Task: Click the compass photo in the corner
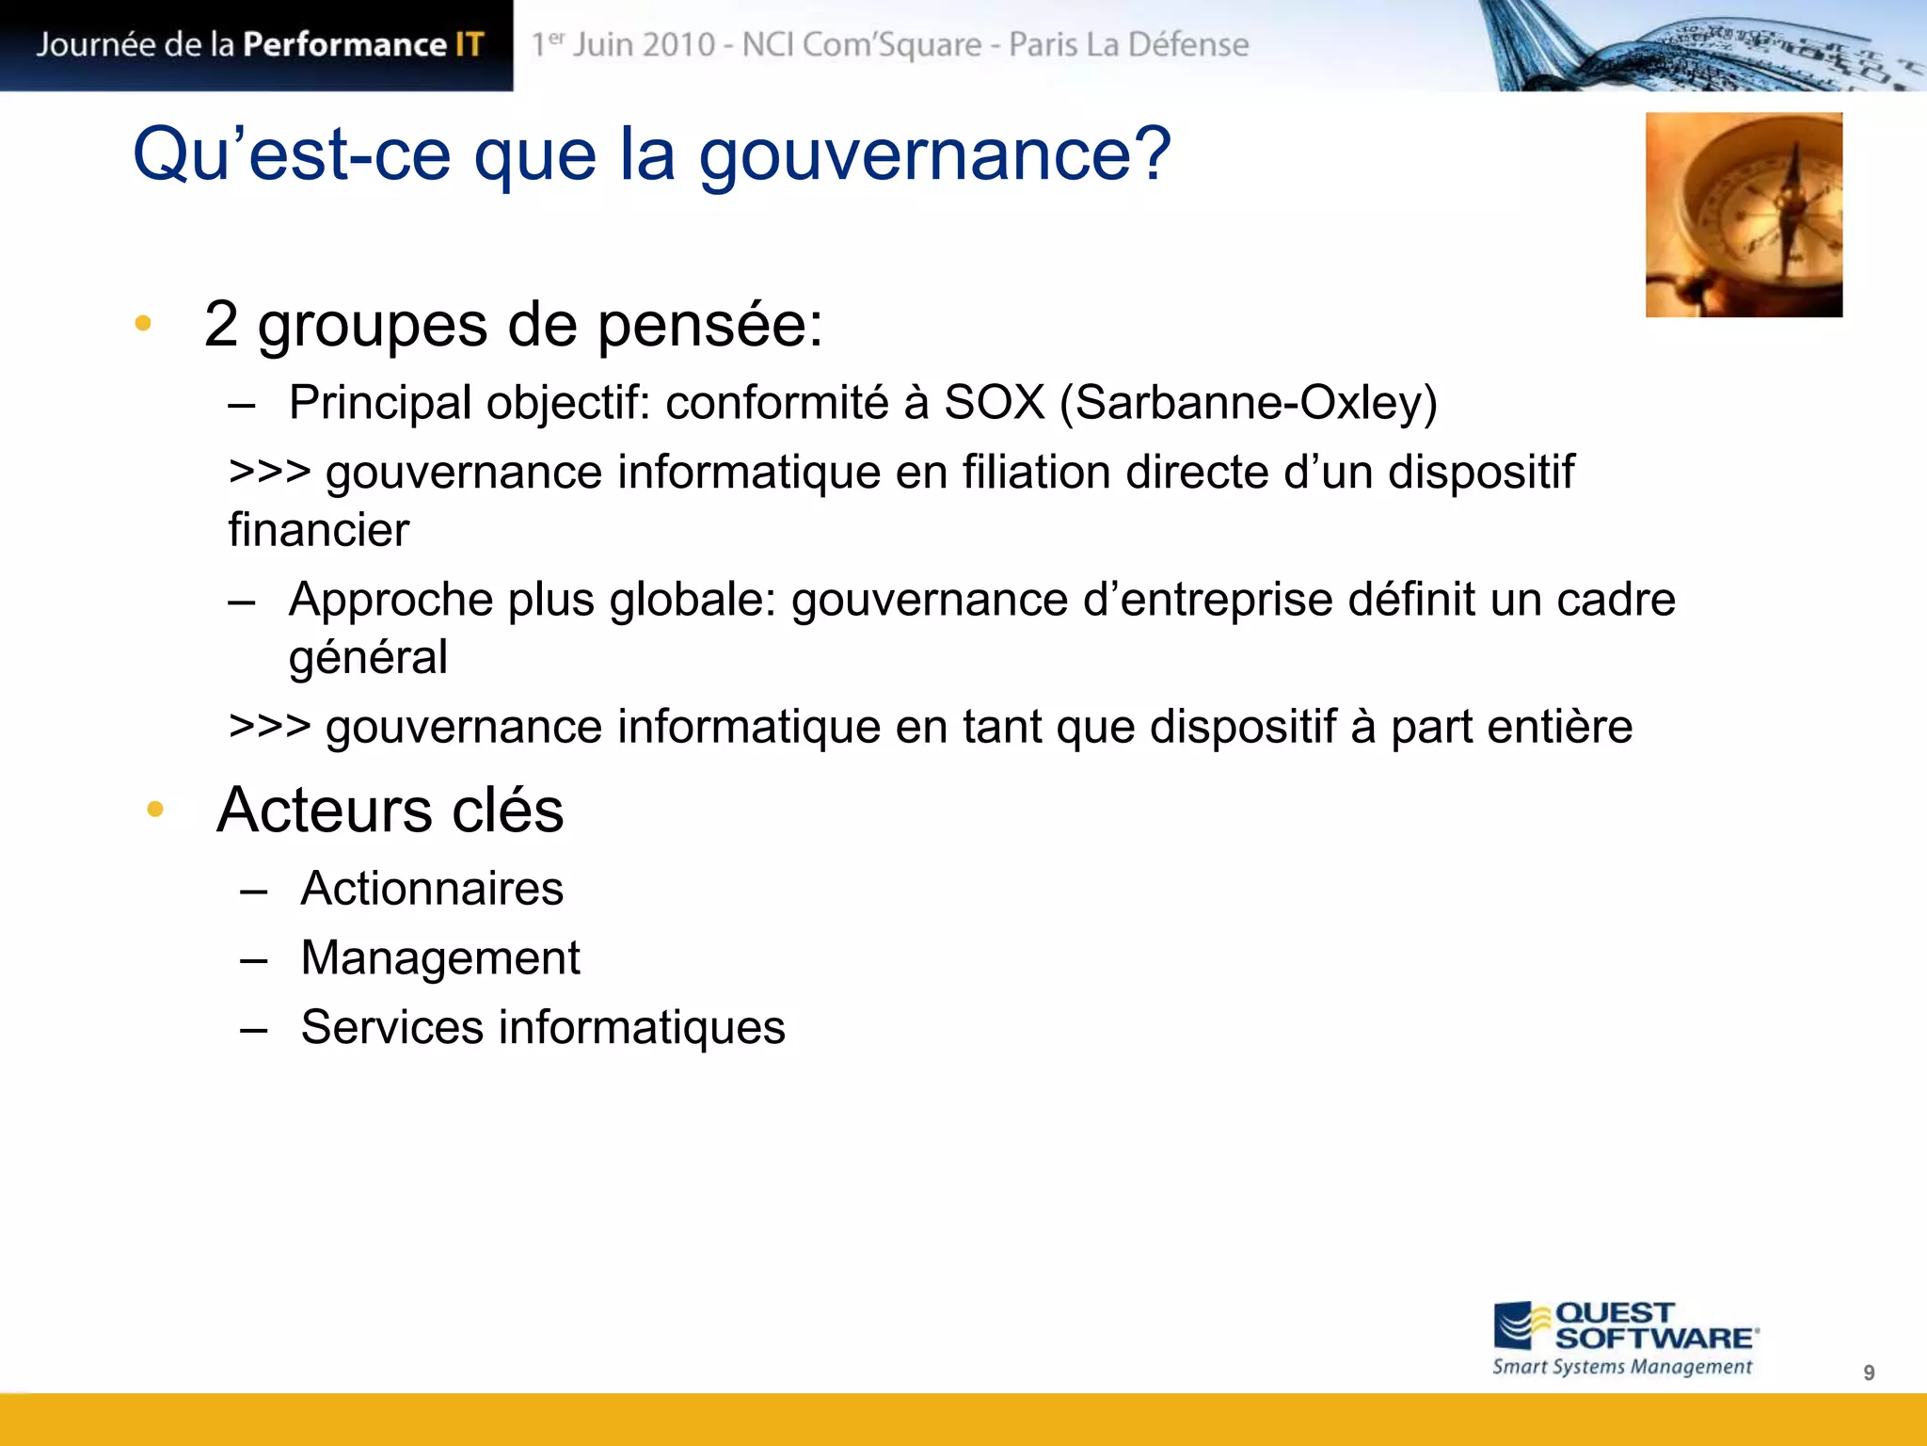pyautogui.click(x=1743, y=215)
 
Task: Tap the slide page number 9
pyautogui.click(x=1869, y=1373)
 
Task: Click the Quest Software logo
pyautogui.click(x=1625, y=1326)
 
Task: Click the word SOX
pyautogui.click(x=995, y=403)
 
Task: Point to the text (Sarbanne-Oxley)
pyautogui.click(x=1249, y=403)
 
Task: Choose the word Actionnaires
pyautogui.click(x=432, y=889)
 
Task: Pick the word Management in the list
pyautogui.click(x=440, y=958)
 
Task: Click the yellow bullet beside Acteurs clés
pyautogui.click(x=156, y=809)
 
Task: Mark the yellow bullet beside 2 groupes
pyautogui.click(x=143, y=324)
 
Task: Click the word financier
pyautogui.click(x=319, y=530)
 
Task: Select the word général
pyautogui.click(x=368, y=658)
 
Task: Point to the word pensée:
pyautogui.click(x=710, y=326)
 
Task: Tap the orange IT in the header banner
pyautogui.click(x=470, y=44)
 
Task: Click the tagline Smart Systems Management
pyautogui.click(x=1622, y=1367)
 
